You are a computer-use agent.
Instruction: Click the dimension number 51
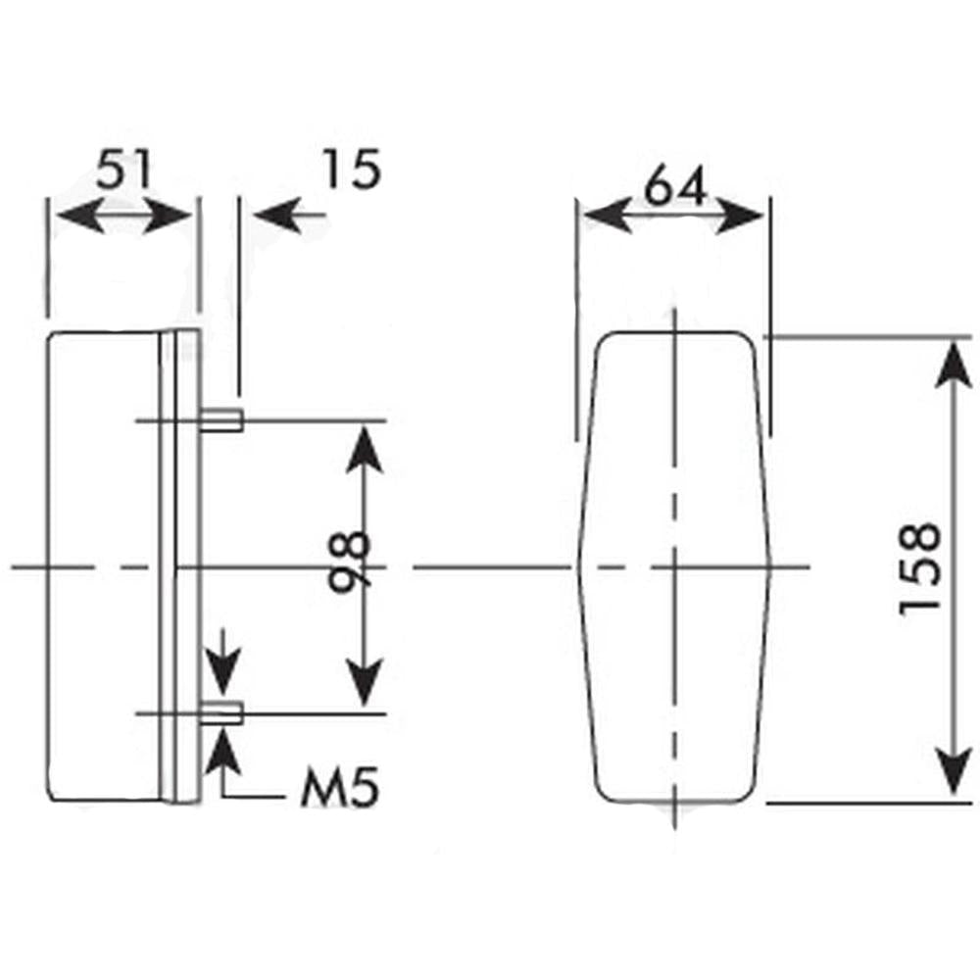tap(123, 171)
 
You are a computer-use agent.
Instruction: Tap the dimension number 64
tap(675, 185)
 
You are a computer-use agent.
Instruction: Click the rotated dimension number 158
tap(920, 568)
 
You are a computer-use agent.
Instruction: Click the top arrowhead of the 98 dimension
tap(364, 442)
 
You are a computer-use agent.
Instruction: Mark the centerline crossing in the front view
tap(675, 567)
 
